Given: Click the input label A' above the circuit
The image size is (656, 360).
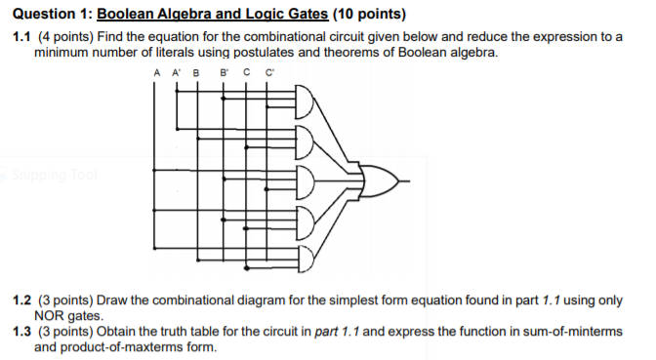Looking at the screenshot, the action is point(176,72).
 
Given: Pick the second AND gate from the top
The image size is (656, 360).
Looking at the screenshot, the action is point(305,142).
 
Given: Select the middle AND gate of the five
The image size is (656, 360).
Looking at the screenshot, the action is point(305,181).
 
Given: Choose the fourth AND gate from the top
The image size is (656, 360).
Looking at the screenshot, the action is point(305,220).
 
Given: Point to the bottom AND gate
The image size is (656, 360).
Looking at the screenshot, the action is point(305,259).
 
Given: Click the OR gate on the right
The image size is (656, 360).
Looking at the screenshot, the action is point(377,181).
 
